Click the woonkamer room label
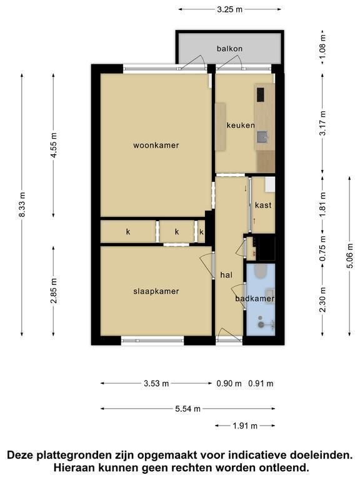click(x=156, y=146)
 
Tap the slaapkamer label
click(x=156, y=291)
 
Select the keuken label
click(x=241, y=125)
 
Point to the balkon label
click(x=229, y=49)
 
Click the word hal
click(x=226, y=275)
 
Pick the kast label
click(x=263, y=205)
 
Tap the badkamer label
click(x=255, y=299)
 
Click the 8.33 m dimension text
click(x=22, y=205)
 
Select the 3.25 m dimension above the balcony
click(x=229, y=9)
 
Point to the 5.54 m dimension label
click(x=188, y=409)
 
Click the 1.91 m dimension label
click(x=245, y=426)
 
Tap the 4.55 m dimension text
click(x=54, y=145)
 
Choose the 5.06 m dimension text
click(x=349, y=256)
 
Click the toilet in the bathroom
click(x=261, y=271)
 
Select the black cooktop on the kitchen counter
click(x=261, y=94)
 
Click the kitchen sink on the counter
click(x=262, y=137)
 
